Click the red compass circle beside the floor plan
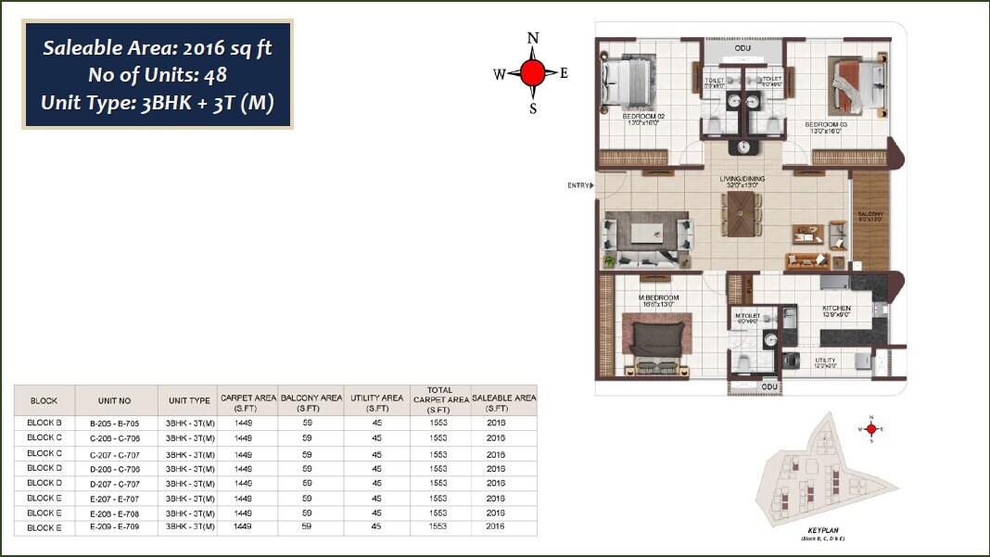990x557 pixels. (x=532, y=73)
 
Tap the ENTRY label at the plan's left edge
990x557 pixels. (x=578, y=185)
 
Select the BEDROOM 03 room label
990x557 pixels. (x=826, y=124)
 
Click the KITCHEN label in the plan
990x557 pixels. (x=836, y=309)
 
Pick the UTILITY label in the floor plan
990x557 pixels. (x=825, y=360)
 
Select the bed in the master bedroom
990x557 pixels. (x=658, y=339)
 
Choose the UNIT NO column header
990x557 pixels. (x=115, y=401)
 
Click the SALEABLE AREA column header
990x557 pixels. (x=503, y=402)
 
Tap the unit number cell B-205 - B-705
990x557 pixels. (x=115, y=423)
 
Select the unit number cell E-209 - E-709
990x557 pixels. (x=115, y=527)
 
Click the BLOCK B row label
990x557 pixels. (x=44, y=423)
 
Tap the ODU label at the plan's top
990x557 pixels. (x=742, y=47)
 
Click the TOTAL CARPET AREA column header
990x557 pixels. (x=438, y=400)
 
